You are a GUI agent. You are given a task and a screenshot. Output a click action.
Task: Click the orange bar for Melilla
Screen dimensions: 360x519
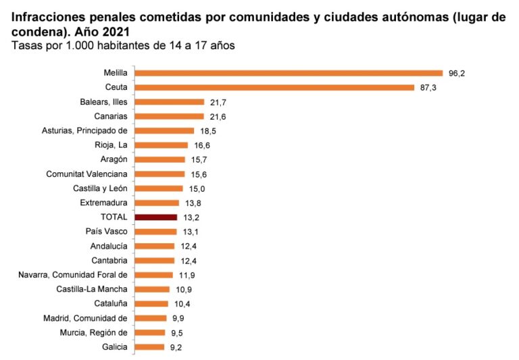point(289,73)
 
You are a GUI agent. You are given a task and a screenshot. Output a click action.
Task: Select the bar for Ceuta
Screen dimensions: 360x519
point(274,87)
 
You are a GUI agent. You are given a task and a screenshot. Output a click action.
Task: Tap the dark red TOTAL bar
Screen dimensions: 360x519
point(156,217)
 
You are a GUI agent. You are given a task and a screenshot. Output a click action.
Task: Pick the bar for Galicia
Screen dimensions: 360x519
point(149,347)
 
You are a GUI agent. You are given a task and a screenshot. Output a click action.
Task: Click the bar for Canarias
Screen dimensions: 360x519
point(169,116)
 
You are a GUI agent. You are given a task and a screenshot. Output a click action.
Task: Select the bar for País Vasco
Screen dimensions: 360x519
point(155,232)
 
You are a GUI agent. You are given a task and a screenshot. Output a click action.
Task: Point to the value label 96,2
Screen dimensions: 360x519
point(457,73)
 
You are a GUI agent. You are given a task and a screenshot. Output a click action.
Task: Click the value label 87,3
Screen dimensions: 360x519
point(428,87)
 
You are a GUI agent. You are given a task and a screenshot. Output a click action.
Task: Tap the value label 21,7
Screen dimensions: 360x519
point(218,102)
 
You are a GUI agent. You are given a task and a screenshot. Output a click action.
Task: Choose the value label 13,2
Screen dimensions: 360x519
point(191,217)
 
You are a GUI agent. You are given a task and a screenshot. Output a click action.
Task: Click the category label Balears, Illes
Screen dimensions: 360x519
point(103,102)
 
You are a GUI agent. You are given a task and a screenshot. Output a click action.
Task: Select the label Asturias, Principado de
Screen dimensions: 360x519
point(85,130)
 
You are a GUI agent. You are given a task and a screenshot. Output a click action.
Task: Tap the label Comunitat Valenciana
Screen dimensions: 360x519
point(86,174)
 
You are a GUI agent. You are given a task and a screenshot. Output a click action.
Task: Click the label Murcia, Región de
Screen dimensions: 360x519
point(95,332)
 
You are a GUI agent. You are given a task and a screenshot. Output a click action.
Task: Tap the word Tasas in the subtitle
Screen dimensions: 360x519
point(26,45)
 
